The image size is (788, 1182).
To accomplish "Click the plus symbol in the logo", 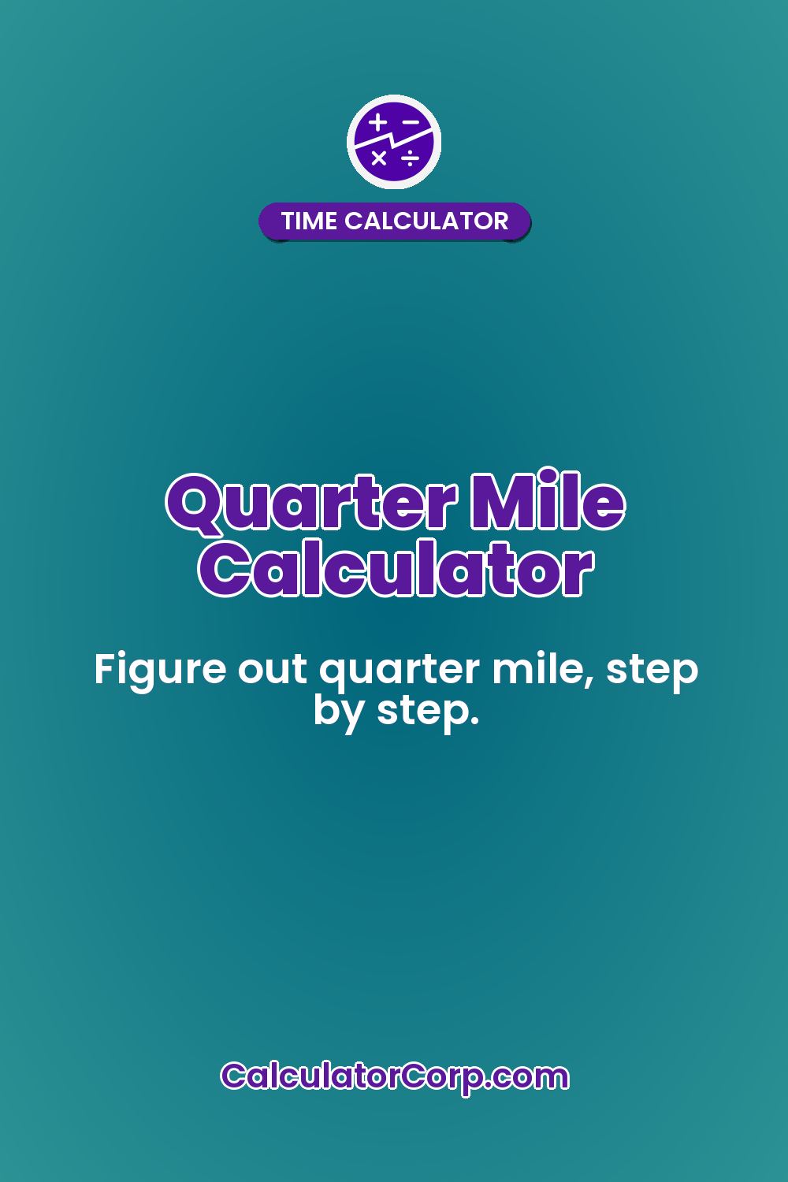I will point(379,123).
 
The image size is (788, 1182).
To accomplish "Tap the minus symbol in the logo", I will point(411,122).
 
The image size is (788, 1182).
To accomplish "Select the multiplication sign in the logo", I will point(379,158).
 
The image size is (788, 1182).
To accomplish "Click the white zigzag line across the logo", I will point(394,140).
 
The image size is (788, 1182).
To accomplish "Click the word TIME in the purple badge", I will point(309,221).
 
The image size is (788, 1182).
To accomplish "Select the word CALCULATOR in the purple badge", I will point(426,221).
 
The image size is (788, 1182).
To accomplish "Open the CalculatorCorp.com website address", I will point(395,1076).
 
